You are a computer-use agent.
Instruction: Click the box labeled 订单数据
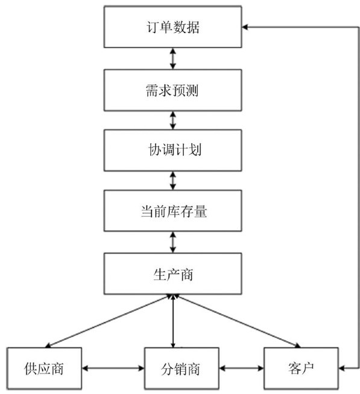pyautogui.click(x=173, y=27)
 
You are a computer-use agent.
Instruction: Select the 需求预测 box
pyautogui.click(x=173, y=90)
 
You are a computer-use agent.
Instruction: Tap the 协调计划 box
pyautogui.click(x=173, y=150)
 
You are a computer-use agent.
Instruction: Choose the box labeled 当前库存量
pyautogui.click(x=173, y=211)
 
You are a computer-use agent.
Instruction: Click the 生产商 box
pyautogui.click(x=173, y=274)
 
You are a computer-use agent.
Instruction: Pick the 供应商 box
pyautogui.click(x=44, y=368)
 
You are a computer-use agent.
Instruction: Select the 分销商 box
pyautogui.click(x=182, y=368)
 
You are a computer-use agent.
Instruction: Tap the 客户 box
pyautogui.click(x=301, y=368)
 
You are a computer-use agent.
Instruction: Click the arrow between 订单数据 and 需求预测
pyautogui.click(x=173, y=58)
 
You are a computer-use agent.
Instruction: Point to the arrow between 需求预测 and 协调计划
pyautogui.click(x=173, y=120)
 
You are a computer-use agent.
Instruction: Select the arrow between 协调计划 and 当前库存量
pyautogui.click(x=173, y=181)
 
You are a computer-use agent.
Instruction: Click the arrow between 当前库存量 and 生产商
pyautogui.click(x=173, y=242)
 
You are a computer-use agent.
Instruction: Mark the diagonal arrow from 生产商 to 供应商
pyautogui.click(x=108, y=321)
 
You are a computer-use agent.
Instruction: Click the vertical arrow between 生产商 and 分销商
pyautogui.click(x=173, y=321)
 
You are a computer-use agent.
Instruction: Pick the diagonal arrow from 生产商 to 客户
pyautogui.click(x=238, y=321)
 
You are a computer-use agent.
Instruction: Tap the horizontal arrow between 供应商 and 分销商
pyautogui.click(x=113, y=368)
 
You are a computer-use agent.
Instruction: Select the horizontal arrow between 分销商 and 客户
pyautogui.click(x=241, y=368)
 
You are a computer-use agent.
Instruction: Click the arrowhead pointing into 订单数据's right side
pyautogui.click(x=245, y=27)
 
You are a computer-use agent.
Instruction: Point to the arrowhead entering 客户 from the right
pyautogui.click(x=342, y=368)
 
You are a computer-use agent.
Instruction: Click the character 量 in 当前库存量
pyautogui.click(x=200, y=211)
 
